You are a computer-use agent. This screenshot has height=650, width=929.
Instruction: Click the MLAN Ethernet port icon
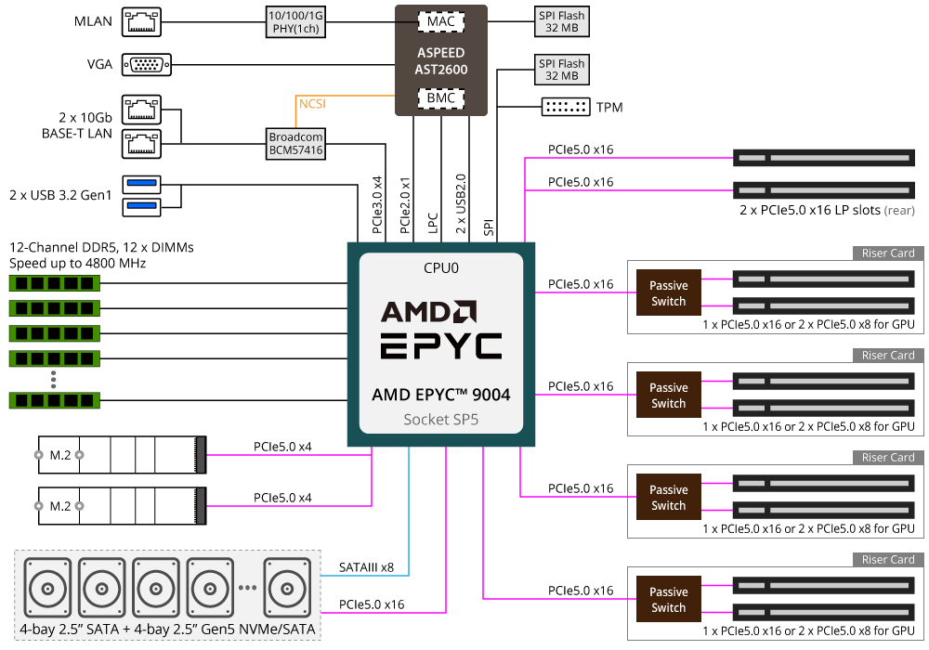pos(141,22)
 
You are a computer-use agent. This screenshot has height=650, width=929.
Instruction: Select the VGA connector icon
pos(147,64)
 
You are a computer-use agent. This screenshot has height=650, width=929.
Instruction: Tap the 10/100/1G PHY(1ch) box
pos(295,22)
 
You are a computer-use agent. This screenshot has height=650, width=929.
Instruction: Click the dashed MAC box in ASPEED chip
pos(440,22)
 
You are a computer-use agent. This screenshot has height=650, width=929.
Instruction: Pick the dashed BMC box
pos(440,97)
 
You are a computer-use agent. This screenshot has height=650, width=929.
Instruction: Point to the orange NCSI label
pos(312,104)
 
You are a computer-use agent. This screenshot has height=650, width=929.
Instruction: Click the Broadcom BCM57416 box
pos(295,144)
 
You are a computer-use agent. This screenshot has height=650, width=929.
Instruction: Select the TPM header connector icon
pos(566,107)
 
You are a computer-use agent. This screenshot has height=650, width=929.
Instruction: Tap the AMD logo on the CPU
pos(428,312)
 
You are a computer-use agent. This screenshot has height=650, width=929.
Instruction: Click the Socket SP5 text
pos(440,420)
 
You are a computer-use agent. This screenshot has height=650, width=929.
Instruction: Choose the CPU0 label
pos(440,268)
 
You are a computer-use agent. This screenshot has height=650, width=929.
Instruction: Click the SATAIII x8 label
pos(366,567)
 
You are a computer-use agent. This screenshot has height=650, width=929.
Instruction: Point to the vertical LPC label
pos(433,223)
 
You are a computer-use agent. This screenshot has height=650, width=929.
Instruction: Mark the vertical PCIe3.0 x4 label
pos(377,205)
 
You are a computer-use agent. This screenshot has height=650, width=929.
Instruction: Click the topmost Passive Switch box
pos(668,292)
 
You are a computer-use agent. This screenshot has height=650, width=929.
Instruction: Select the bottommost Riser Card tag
pos(888,559)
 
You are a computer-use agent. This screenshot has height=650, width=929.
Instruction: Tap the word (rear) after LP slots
pos(898,211)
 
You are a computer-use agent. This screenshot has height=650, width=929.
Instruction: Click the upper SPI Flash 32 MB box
pos(562,22)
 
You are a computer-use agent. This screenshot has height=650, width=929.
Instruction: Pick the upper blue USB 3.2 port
pos(141,184)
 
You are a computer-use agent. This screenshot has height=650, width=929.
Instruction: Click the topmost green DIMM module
pos(55,283)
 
